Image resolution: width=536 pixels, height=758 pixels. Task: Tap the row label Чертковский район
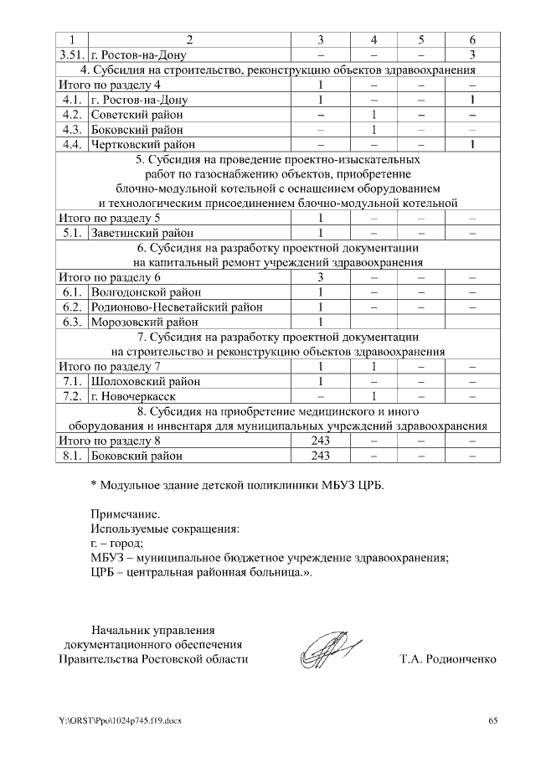point(143,144)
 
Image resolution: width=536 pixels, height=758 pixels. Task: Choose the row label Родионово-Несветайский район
point(176,307)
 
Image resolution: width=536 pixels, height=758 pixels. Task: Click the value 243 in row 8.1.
point(321,456)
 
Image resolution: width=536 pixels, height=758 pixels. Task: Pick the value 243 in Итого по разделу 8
point(321,441)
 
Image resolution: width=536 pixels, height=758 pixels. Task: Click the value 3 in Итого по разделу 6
point(321,277)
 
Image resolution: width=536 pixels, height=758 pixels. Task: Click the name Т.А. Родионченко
point(448,659)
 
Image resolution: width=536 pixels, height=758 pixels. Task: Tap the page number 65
point(493,721)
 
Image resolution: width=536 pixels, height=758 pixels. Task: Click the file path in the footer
point(119,721)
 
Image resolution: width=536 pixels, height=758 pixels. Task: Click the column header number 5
point(421,39)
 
